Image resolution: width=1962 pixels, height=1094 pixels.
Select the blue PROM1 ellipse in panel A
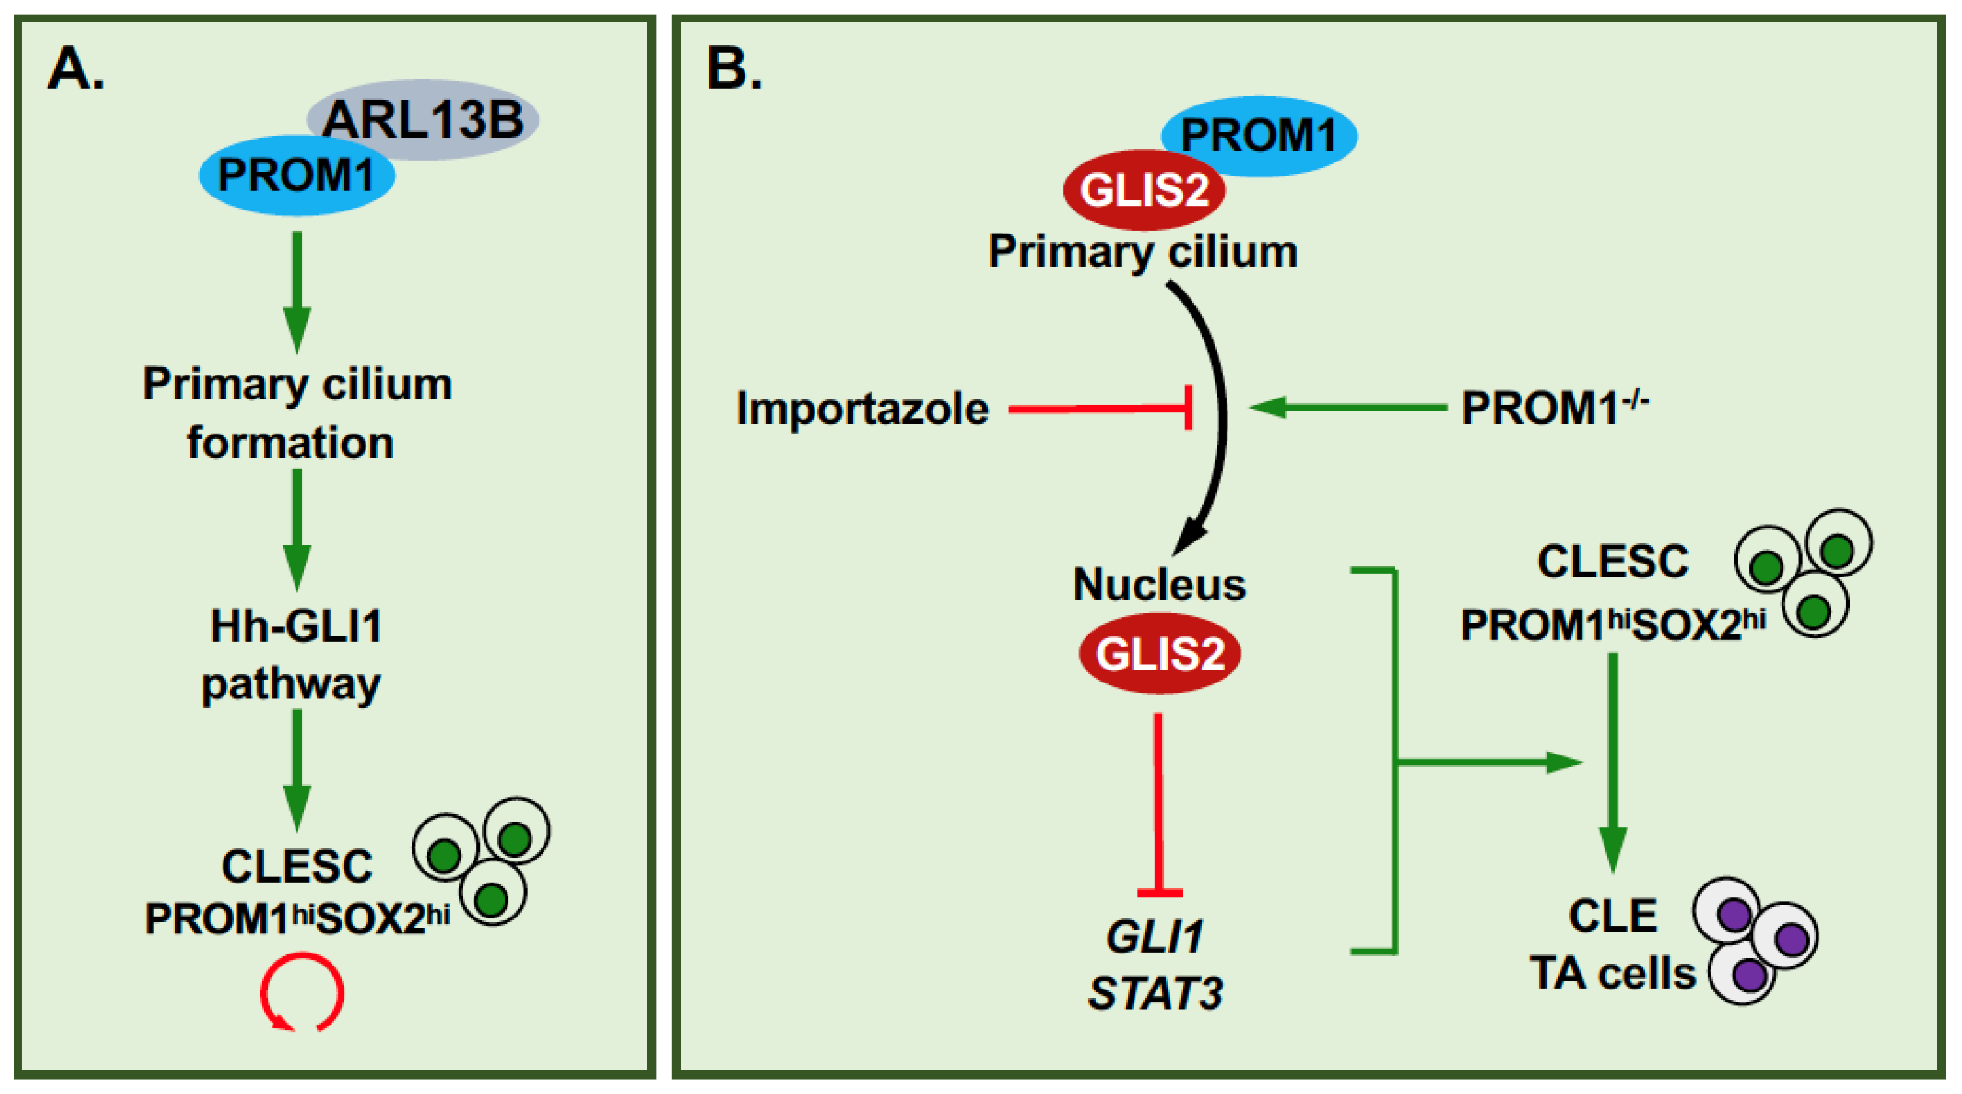click(296, 176)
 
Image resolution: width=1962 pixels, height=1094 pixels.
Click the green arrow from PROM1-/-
click(1348, 407)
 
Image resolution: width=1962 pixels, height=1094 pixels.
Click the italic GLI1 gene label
click(1155, 936)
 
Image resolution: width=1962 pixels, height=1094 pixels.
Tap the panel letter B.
click(733, 69)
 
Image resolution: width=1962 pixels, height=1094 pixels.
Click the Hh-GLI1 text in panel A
click(296, 626)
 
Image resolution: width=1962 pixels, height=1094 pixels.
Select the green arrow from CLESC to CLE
click(1612, 762)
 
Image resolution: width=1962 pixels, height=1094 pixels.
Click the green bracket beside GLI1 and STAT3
click(1395, 762)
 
